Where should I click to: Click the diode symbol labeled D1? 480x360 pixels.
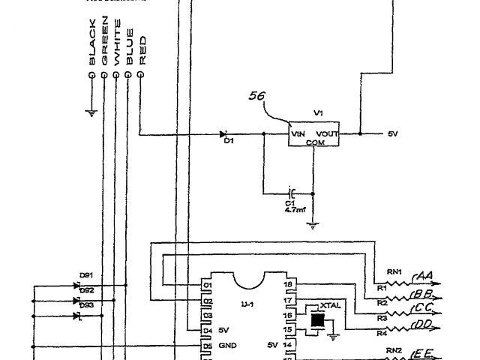point(223,135)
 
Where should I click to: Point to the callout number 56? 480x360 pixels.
point(257,97)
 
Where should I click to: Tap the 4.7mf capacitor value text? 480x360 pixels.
point(294,210)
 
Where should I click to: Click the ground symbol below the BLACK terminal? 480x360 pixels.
point(91,113)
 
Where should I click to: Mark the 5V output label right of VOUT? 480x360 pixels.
point(393,134)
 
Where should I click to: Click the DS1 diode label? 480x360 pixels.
point(85,275)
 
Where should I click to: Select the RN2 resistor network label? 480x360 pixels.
point(393,349)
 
